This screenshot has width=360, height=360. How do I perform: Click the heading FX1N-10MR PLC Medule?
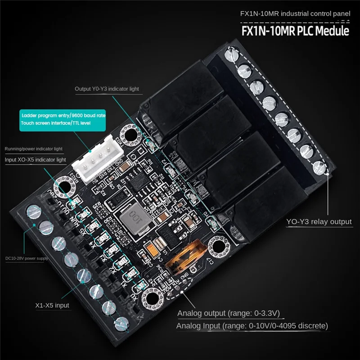295,31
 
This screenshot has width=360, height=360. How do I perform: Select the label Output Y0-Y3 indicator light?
107,89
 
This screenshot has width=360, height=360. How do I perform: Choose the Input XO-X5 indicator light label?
36,160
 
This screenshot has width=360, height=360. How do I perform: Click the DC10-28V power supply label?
26,258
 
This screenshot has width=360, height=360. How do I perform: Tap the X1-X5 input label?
52,305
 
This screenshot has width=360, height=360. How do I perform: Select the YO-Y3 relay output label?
319,221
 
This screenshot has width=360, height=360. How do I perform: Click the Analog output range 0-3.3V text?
230,313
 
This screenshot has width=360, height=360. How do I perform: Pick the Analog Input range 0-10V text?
252,325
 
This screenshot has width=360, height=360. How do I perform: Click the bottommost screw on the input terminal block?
122,323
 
